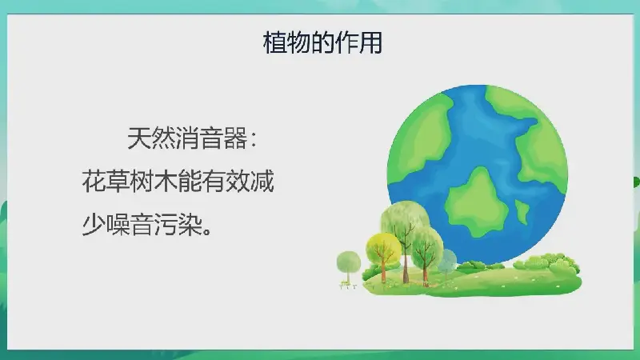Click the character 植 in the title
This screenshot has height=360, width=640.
[274, 42]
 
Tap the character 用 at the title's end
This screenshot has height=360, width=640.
[370, 42]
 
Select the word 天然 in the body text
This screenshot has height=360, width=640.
[151, 138]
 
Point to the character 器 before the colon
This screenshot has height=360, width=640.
[235, 138]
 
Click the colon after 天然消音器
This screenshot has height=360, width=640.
[254, 139]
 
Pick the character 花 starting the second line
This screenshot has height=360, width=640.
[94, 182]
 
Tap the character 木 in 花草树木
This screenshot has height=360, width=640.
[166, 182]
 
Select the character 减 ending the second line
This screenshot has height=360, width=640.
[262, 182]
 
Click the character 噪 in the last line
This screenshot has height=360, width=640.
[118, 224]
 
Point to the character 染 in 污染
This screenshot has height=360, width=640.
[190, 224]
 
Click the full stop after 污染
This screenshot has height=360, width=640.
[207, 230]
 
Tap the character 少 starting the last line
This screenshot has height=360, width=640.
[94, 224]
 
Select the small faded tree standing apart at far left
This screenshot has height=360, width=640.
[349, 268]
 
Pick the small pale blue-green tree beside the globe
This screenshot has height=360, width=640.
[448, 263]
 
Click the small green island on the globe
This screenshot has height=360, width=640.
[522, 212]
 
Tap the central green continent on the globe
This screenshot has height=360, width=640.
[475, 203]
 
